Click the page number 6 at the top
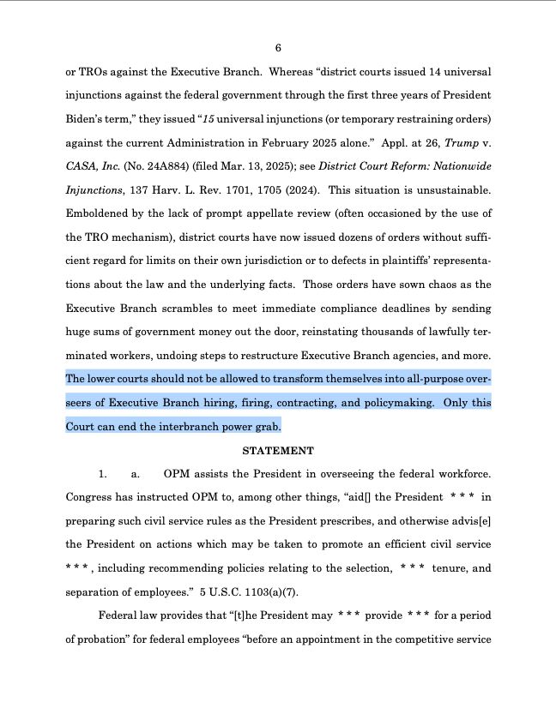tap(278, 47)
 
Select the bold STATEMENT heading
tap(278, 450)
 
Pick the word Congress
tap(91, 496)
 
